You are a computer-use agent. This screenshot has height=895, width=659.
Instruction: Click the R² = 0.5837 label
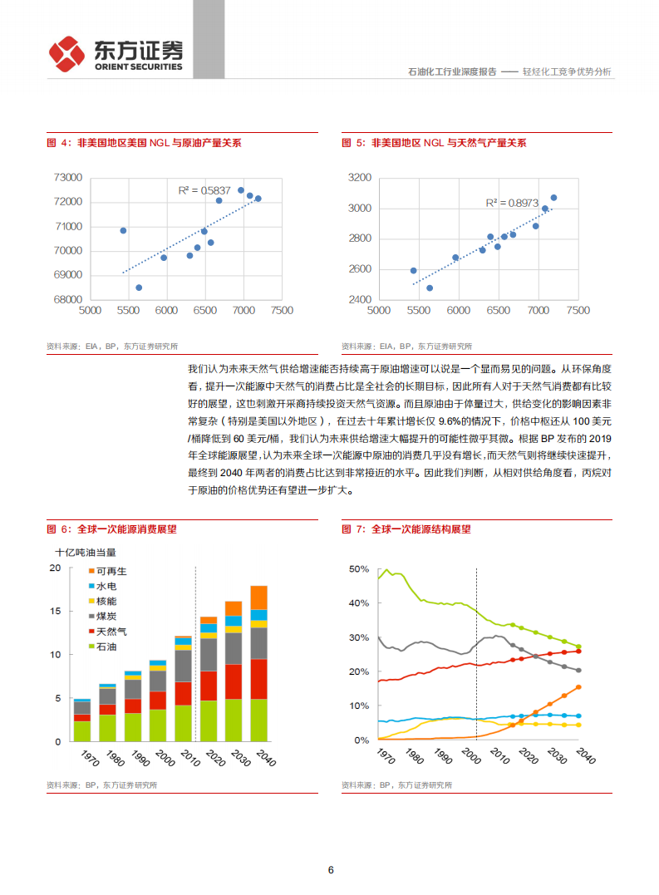[204, 190]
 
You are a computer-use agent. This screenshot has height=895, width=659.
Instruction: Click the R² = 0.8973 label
[512, 202]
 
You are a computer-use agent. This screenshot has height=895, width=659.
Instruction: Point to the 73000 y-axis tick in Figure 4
[67, 178]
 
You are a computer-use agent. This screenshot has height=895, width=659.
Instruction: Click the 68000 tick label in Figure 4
[67, 300]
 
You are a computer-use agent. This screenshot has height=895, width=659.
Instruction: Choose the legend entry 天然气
[111, 632]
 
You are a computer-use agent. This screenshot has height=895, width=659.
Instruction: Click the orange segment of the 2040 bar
[258, 597]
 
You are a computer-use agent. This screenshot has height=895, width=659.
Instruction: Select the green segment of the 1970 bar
[82, 730]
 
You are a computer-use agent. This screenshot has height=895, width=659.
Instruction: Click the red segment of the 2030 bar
[234, 681]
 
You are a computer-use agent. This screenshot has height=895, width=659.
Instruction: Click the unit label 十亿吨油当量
[86, 552]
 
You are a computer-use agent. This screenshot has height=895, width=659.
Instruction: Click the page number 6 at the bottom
[331, 870]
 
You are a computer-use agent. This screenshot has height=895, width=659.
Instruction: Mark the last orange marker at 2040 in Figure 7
[578, 687]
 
